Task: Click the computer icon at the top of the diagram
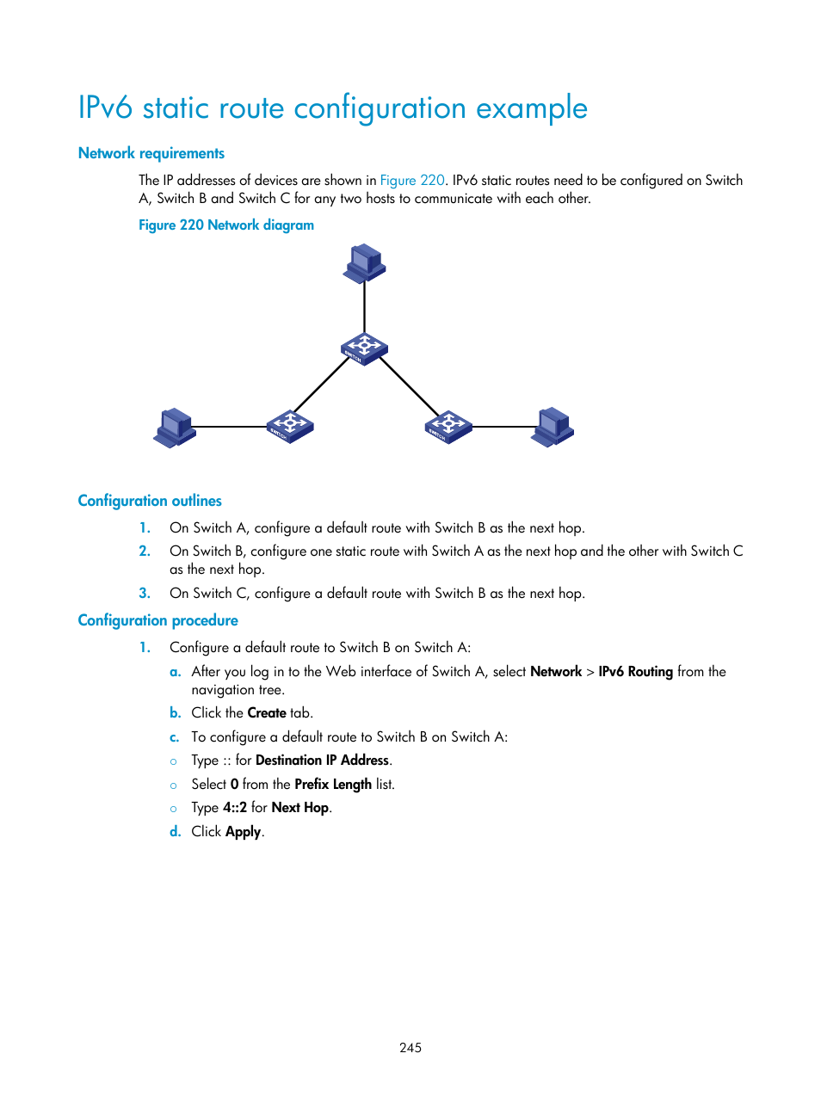point(364,262)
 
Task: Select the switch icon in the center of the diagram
point(364,348)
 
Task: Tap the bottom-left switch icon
point(290,427)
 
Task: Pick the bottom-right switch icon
point(448,427)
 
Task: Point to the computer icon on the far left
point(175,428)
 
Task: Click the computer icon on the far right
point(552,428)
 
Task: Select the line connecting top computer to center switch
point(364,307)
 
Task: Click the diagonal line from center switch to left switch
point(321,385)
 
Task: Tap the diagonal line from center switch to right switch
point(410,387)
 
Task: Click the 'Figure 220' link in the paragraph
point(412,180)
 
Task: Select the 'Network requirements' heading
point(151,153)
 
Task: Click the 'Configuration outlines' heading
point(150,501)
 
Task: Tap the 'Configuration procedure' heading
point(157,620)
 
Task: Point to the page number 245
point(410,1047)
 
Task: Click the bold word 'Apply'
point(243,831)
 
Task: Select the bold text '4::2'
point(235,807)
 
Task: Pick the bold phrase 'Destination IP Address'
point(322,760)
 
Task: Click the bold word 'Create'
point(267,712)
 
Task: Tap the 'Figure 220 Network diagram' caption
point(226,225)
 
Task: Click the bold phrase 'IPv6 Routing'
point(635,671)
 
